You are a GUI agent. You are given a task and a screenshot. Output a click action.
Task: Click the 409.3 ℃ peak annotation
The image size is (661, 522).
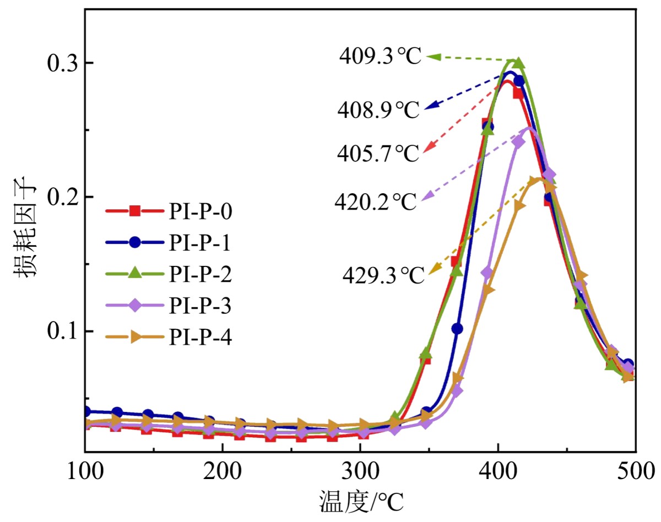[x=380, y=56]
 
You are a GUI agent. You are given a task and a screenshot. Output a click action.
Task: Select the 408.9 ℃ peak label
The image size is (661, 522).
[x=378, y=110]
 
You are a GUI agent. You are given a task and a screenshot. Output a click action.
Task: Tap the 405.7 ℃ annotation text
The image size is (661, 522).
[x=378, y=154]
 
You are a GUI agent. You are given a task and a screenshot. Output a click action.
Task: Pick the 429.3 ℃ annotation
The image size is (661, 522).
[x=383, y=274]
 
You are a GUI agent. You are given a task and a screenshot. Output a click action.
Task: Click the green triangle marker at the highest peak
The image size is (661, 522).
[x=518, y=63]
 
